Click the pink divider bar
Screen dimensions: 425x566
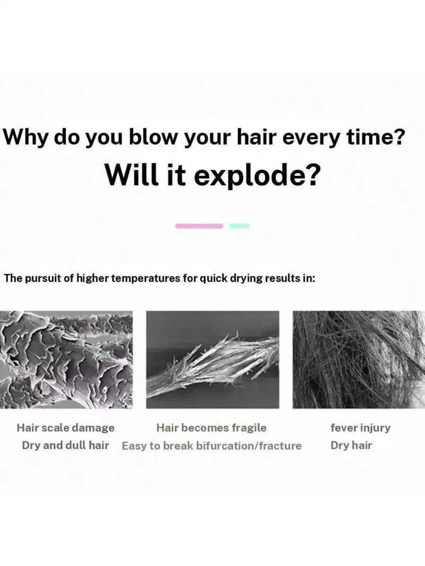coord(199,226)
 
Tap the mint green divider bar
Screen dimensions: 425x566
coord(239,226)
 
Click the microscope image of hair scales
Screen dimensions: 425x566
coord(66,359)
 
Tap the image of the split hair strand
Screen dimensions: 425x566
coord(212,359)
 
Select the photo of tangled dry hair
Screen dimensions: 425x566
coord(359,359)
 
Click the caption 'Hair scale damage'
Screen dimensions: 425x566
coord(66,428)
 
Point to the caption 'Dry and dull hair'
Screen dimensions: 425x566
coord(66,446)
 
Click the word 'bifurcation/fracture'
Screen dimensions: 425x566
coord(249,446)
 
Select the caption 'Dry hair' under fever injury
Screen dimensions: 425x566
coord(351,446)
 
